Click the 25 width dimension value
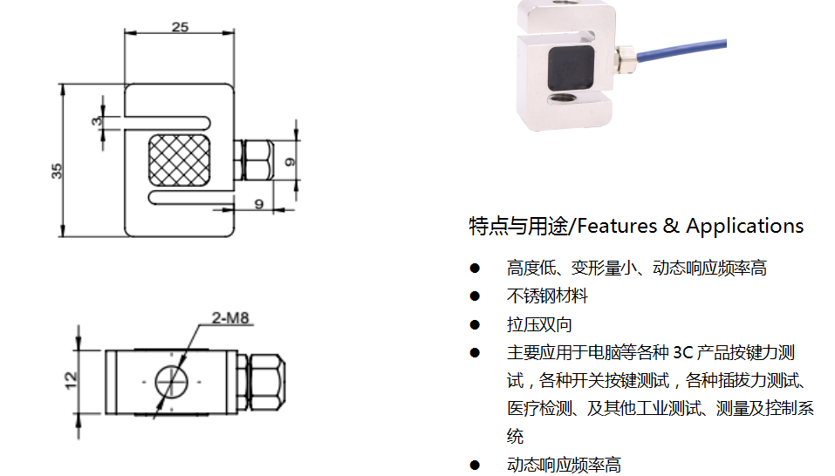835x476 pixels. (180, 27)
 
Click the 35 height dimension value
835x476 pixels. (57, 171)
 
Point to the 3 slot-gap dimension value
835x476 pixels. (96, 121)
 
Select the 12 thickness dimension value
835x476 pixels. (71, 381)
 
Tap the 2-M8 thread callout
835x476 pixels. (230, 317)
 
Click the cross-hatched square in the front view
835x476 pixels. (179, 160)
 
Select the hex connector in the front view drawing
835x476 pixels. (254, 160)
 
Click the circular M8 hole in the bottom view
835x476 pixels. (172, 381)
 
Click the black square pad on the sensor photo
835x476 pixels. (571, 67)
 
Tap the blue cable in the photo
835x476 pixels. (682, 50)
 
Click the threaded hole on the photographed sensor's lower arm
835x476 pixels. (564, 98)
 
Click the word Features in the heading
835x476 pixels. (617, 226)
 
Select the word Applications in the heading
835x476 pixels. (744, 226)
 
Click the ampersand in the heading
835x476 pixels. (671, 226)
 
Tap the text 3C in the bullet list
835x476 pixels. (682, 352)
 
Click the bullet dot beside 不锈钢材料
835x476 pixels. (475, 296)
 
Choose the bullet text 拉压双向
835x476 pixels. (539, 324)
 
